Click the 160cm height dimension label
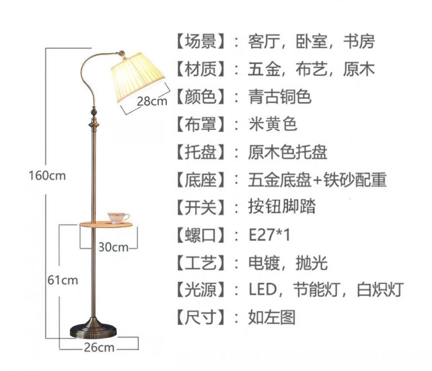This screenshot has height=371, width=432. (47, 175)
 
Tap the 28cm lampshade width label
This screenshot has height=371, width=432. (152, 101)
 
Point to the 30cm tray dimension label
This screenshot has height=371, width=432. (113, 247)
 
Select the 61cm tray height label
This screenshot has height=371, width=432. (62, 280)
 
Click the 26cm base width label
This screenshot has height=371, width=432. (99, 347)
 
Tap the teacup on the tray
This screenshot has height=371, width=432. (118, 217)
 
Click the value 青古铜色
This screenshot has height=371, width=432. (280, 97)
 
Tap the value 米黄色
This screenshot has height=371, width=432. (272, 124)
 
